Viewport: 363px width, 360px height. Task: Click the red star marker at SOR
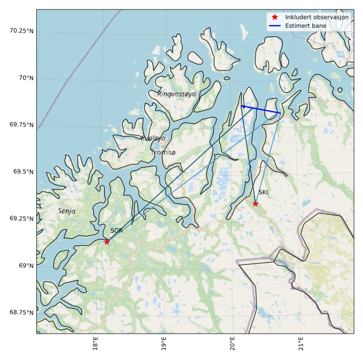click(107, 242)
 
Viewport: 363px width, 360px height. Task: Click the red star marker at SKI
click(256, 204)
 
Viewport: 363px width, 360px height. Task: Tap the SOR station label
click(116, 231)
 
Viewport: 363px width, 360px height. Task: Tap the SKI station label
click(263, 192)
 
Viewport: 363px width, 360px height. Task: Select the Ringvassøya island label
click(176, 94)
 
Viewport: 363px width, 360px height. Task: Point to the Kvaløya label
click(153, 138)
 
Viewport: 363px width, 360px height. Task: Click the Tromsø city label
click(163, 152)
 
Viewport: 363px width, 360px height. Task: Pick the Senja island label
click(66, 211)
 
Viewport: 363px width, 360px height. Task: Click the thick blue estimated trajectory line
click(261, 109)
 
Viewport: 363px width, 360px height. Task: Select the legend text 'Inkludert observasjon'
click(313, 17)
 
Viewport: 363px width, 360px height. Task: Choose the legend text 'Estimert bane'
click(306, 26)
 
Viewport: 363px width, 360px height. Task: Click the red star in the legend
click(274, 17)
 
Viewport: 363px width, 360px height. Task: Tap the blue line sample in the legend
click(274, 26)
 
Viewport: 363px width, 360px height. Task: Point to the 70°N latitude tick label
click(25, 78)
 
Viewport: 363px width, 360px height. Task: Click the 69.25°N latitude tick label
click(21, 218)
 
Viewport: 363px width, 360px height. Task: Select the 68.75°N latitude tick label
click(21, 313)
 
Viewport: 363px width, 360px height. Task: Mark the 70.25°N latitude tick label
click(21, 31)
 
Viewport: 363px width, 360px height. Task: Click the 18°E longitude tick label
click(95, 343)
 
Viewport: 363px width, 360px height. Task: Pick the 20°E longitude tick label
click(232, 343)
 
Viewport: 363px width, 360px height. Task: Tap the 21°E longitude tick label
click(300, 343)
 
